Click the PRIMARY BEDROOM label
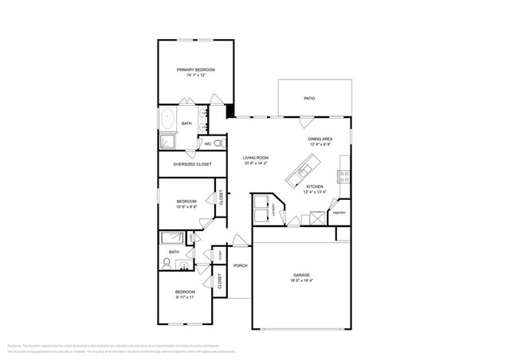[x=196, y=70]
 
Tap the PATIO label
[x=309, y=98]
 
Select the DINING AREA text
[x=320, y=139]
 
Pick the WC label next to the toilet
[x=208, y=143]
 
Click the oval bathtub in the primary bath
[x=168, y=120]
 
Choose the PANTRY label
[x=339, y=213]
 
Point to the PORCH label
[x=240, y=265]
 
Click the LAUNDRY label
[x=273, y=210]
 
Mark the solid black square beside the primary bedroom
[x=229, y=112]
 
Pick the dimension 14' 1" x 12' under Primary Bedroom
[x=196, y=76]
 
